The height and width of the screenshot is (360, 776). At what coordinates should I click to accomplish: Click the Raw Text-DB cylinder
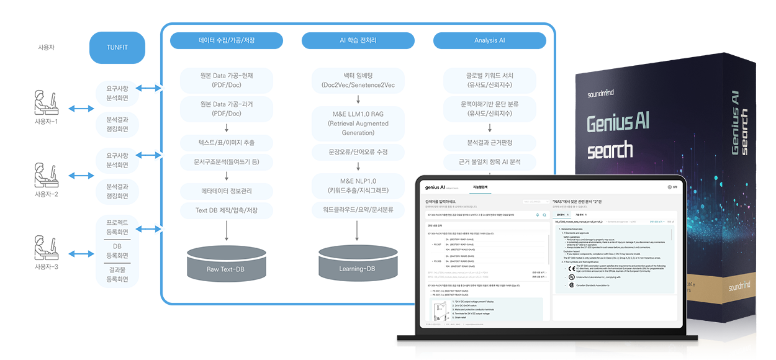226,266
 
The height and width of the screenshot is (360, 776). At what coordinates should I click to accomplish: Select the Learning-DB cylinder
357,266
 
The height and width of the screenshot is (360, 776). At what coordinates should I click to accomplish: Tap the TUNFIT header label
117,48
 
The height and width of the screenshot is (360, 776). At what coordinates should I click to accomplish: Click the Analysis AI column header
489,41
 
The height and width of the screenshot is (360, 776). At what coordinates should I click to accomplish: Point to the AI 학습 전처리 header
358,41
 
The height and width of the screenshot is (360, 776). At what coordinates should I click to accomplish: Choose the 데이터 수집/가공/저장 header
227,41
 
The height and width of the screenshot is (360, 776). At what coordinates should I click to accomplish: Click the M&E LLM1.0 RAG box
358,124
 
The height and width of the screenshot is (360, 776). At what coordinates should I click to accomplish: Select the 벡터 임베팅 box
358,80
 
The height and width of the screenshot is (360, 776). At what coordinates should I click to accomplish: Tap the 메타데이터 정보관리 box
226,190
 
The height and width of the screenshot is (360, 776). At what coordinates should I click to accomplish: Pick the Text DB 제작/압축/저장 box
226,210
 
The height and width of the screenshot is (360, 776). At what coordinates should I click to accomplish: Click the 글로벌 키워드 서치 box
489,80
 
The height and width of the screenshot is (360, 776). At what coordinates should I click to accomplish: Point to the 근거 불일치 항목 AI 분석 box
489,163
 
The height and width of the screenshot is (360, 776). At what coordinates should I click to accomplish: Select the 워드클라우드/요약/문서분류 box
358,210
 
